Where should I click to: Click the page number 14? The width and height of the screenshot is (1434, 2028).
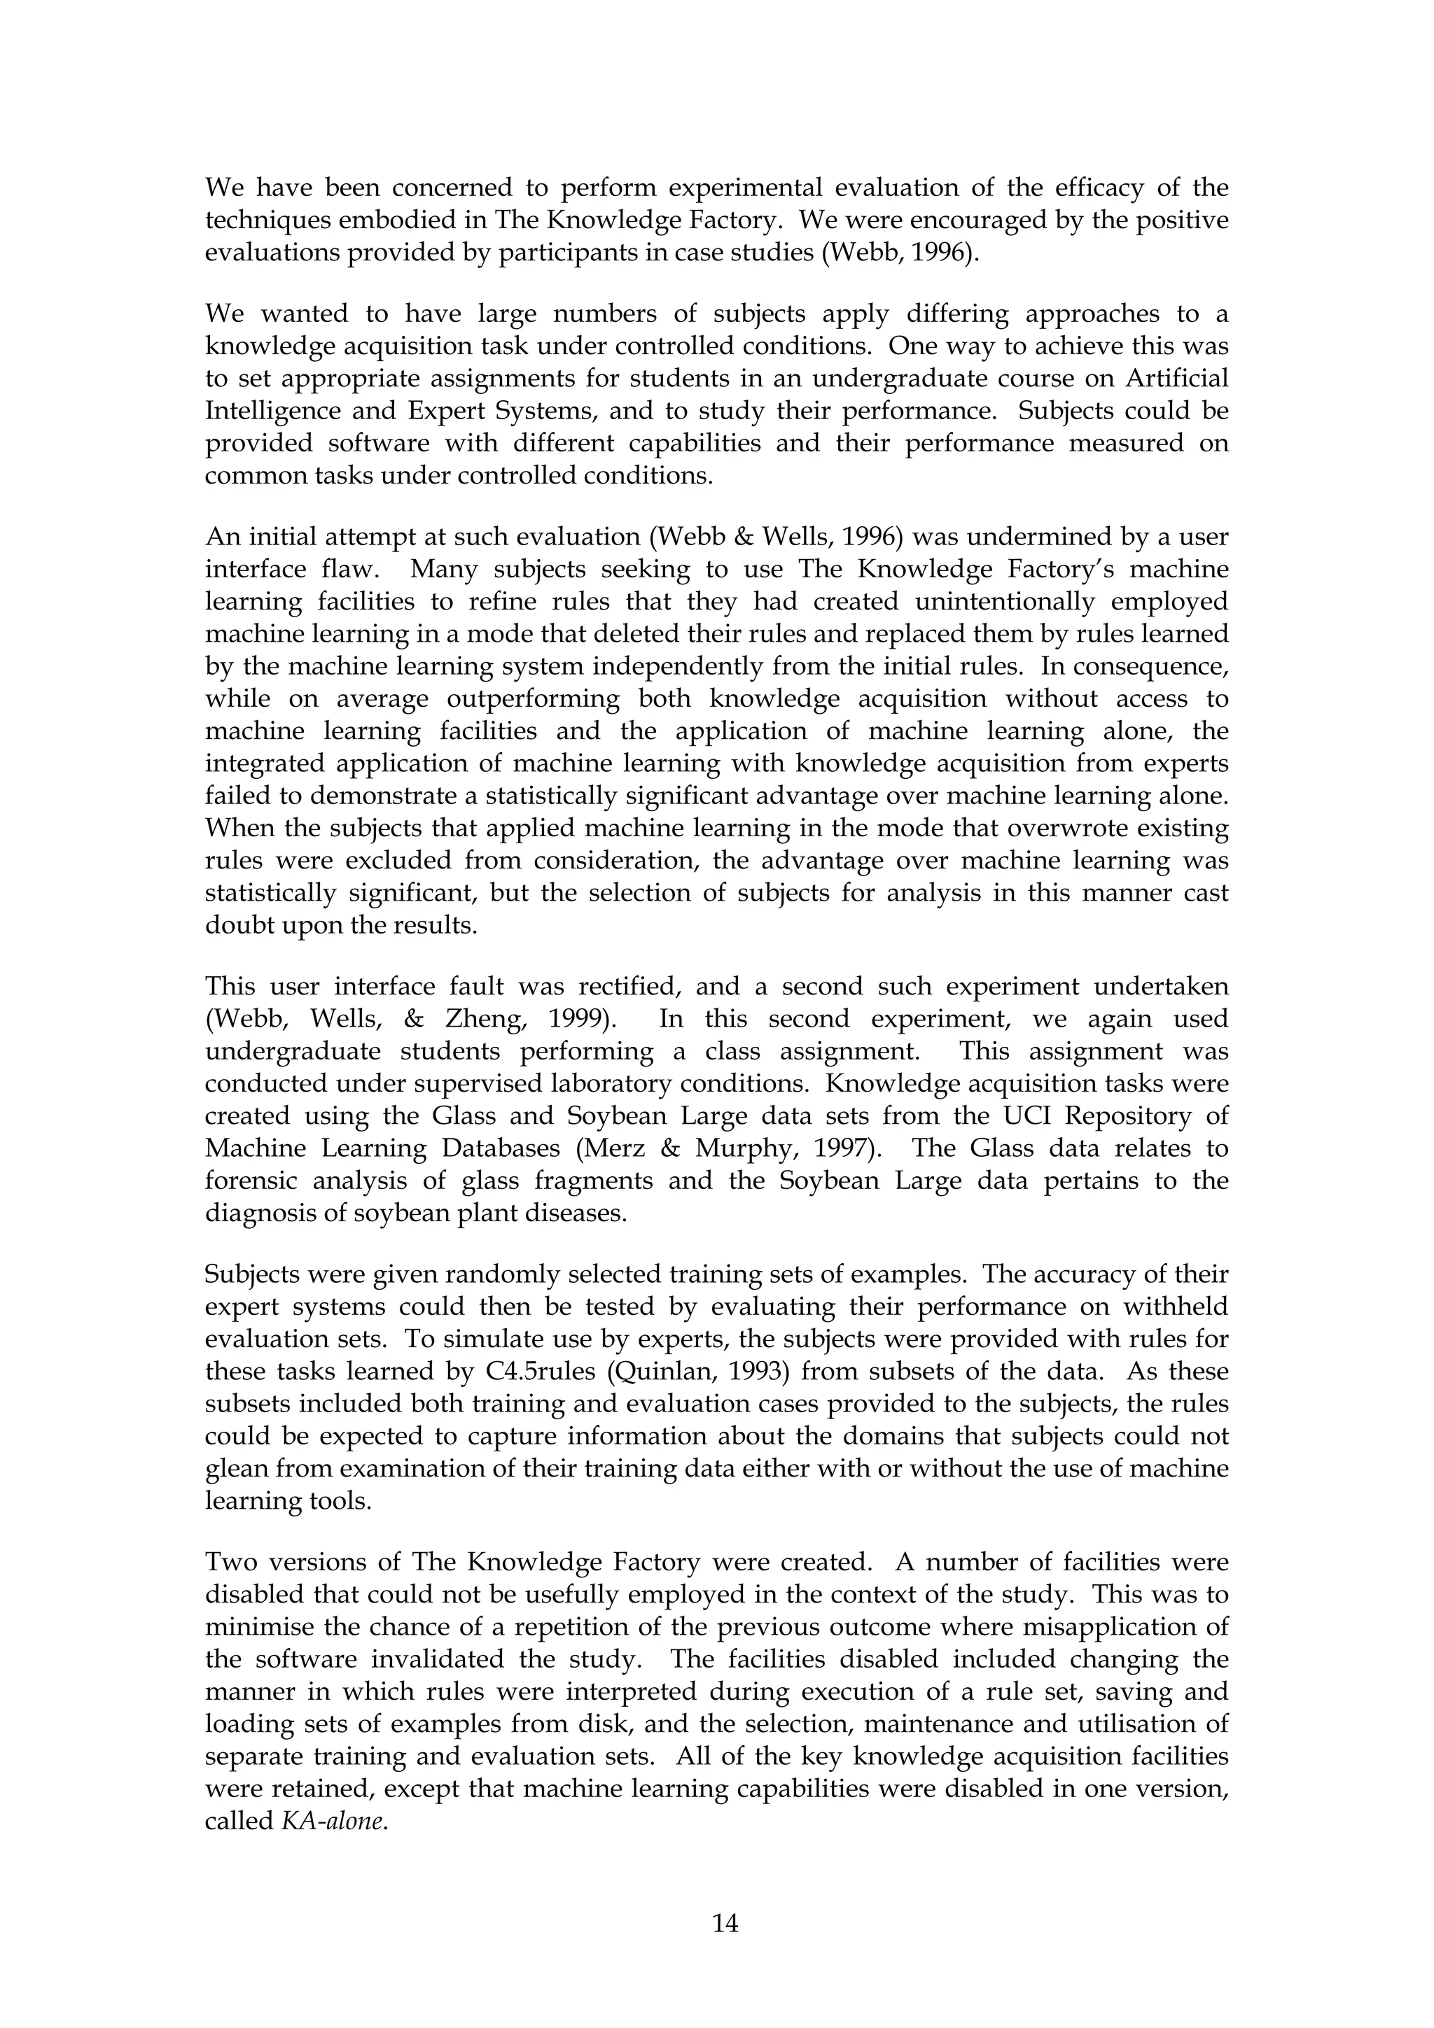pyautogui.click(x=725, y=1923)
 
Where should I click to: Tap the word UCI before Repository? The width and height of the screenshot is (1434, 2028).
pyautogui.click(x=1008, y=1115)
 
